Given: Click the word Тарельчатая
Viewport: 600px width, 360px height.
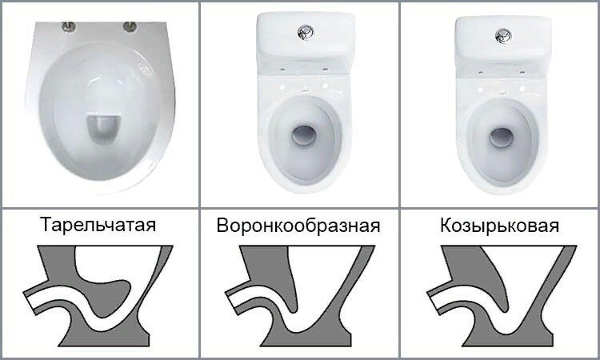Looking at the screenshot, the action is pyautogui.click(x=98, y=225).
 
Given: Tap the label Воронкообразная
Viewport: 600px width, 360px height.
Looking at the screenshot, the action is pyautogui.click(x=298, y=226).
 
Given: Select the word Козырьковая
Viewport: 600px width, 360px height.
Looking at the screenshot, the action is pyautogui.click(x=499, y=225).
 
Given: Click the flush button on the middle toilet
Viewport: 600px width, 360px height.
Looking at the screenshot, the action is pyautogui.click(x=306, y=33).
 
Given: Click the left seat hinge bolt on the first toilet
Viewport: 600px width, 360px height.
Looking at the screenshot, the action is pyautogui.click(x=69, y=26).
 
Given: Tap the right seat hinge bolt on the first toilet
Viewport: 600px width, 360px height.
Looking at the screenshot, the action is pyautogui.click(x=130, y=26).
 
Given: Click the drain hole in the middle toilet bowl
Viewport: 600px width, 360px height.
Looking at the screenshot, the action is pyautogui.click(x=304, y=136).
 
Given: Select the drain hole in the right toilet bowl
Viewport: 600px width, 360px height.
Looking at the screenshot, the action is pyautogui.click(x=502, y=138).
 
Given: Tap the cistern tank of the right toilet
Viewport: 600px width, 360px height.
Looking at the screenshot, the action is pyautogui.click(x=503, y=38).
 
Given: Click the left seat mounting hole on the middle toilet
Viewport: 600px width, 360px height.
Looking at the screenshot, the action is pyautogui.click(x=282, y=87).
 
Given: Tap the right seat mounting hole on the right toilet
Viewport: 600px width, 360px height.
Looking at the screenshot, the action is pyautogui.click(x=522, y=89).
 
